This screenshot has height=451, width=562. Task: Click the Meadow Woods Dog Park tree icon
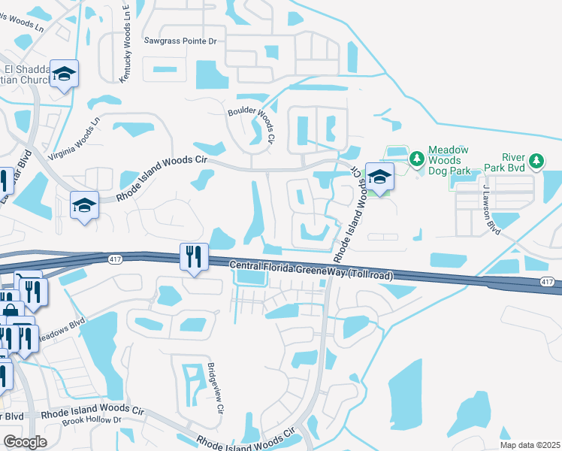(x=416, y=159)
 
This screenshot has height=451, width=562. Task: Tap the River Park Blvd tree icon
(x=536, y=160)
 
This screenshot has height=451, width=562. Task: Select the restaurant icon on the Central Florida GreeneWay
(x=194, y=258)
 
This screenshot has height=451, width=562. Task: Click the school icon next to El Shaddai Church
(x=65, y=74)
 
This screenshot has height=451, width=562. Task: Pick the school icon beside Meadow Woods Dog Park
(x=379, y=177)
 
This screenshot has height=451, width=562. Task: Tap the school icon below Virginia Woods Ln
(x=85, y=204)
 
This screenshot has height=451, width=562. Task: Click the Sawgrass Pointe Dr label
(x=180, y=41)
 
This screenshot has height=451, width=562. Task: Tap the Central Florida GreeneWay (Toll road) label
(x=310, y=270)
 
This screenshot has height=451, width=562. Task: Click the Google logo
(x=25, y=442)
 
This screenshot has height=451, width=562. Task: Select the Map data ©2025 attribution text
(x=530, y=445)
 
